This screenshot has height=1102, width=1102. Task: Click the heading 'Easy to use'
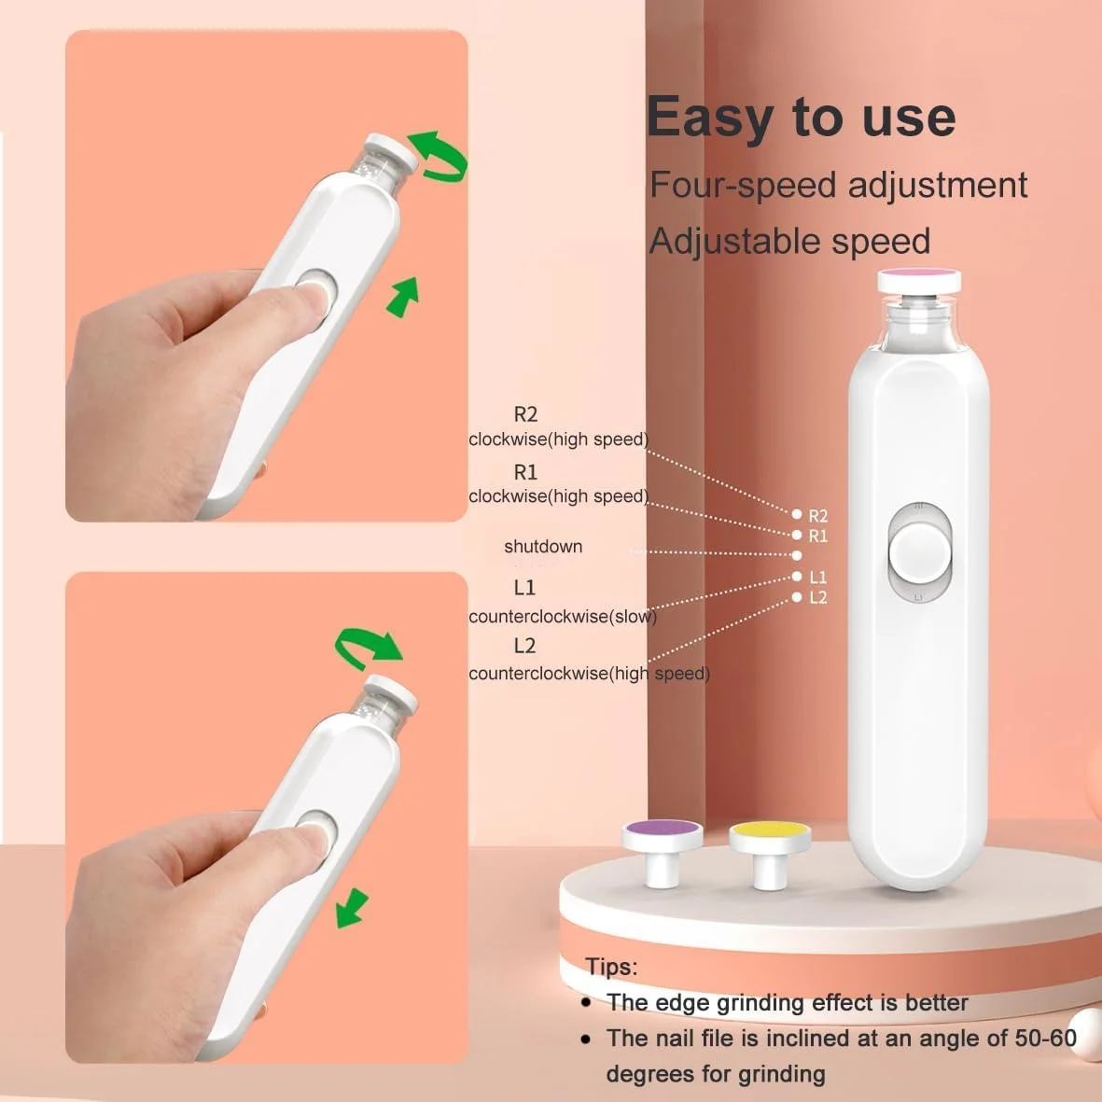pyautogui.click(x=802, y=118)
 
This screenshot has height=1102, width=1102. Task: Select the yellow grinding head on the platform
pyautogui.click(x=770, y=853)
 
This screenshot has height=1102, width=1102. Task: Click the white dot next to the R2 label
pyautogui.click(x=796, y=514)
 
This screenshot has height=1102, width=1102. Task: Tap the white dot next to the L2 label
pyautogui.click(x=796, y=596)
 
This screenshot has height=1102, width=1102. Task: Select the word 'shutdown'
pyautogui.click(x=543, y=546)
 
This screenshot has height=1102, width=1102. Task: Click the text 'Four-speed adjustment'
pyautogui.click(x=838, y=186)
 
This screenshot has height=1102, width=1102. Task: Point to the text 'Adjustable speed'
pyautogui.click(x=789, y=242)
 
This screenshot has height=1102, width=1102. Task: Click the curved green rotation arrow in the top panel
pyautogui.click(x=438, y=155)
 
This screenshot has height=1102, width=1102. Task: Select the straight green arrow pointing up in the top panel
pyautogui.click(x=403, y=297)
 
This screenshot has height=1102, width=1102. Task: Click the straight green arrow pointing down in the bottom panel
pyautogui.click(x=352, y=908)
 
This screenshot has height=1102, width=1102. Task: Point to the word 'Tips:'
pyautogui.click(x=611, y=967)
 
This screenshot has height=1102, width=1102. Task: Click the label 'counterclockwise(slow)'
pyautogui.click(x=563, y=617)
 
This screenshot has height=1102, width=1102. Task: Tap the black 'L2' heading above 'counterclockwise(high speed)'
pyautogui.click(x=525, y=645)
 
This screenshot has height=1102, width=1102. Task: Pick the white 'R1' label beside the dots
pyautogui.click(x=818, y=537)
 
